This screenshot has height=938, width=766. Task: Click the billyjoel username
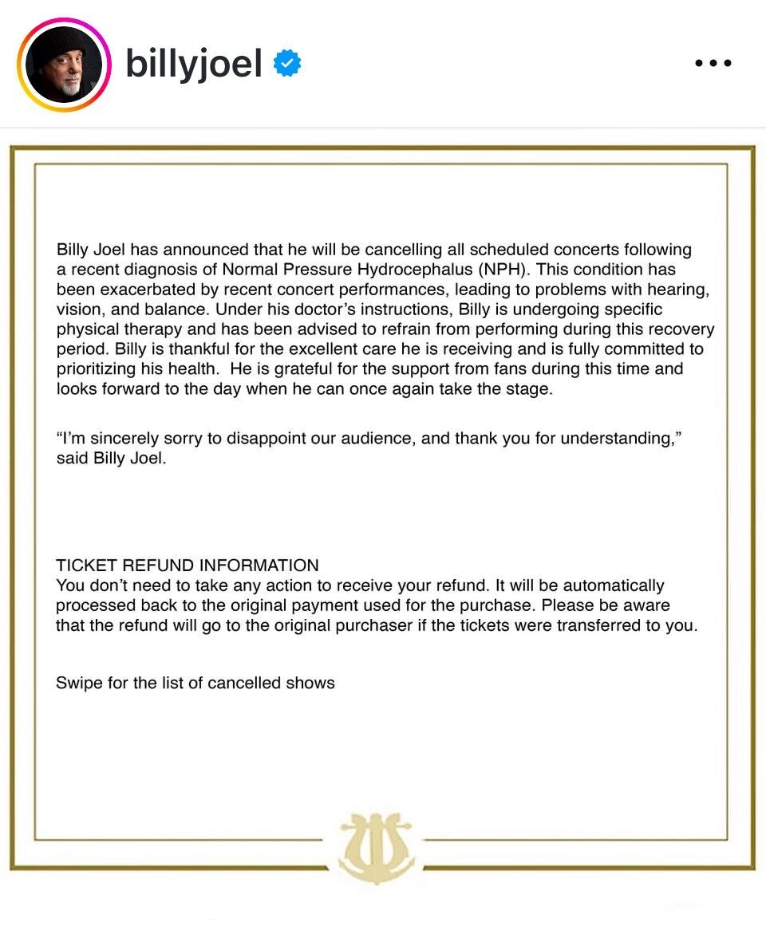pyautogui.click(x=194, y=63)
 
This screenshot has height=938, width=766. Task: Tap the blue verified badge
pyautogui.click(x=287, y=63)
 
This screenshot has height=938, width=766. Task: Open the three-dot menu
pyautogui.click(x=713, y=63)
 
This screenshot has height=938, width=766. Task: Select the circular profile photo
pyautogui.click(x=64, y=64)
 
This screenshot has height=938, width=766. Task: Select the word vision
pyautogui.click(x=77, y=309)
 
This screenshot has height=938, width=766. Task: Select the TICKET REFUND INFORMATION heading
pyautogui.click(x=188, y=566)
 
